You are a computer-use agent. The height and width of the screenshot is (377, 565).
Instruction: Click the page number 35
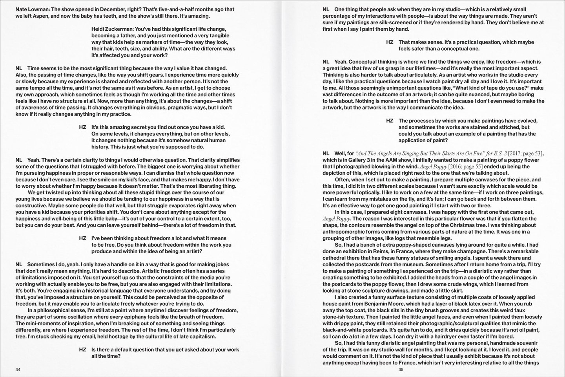coord(401,370)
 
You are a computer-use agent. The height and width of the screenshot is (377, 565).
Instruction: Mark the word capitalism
coord(200,337)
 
